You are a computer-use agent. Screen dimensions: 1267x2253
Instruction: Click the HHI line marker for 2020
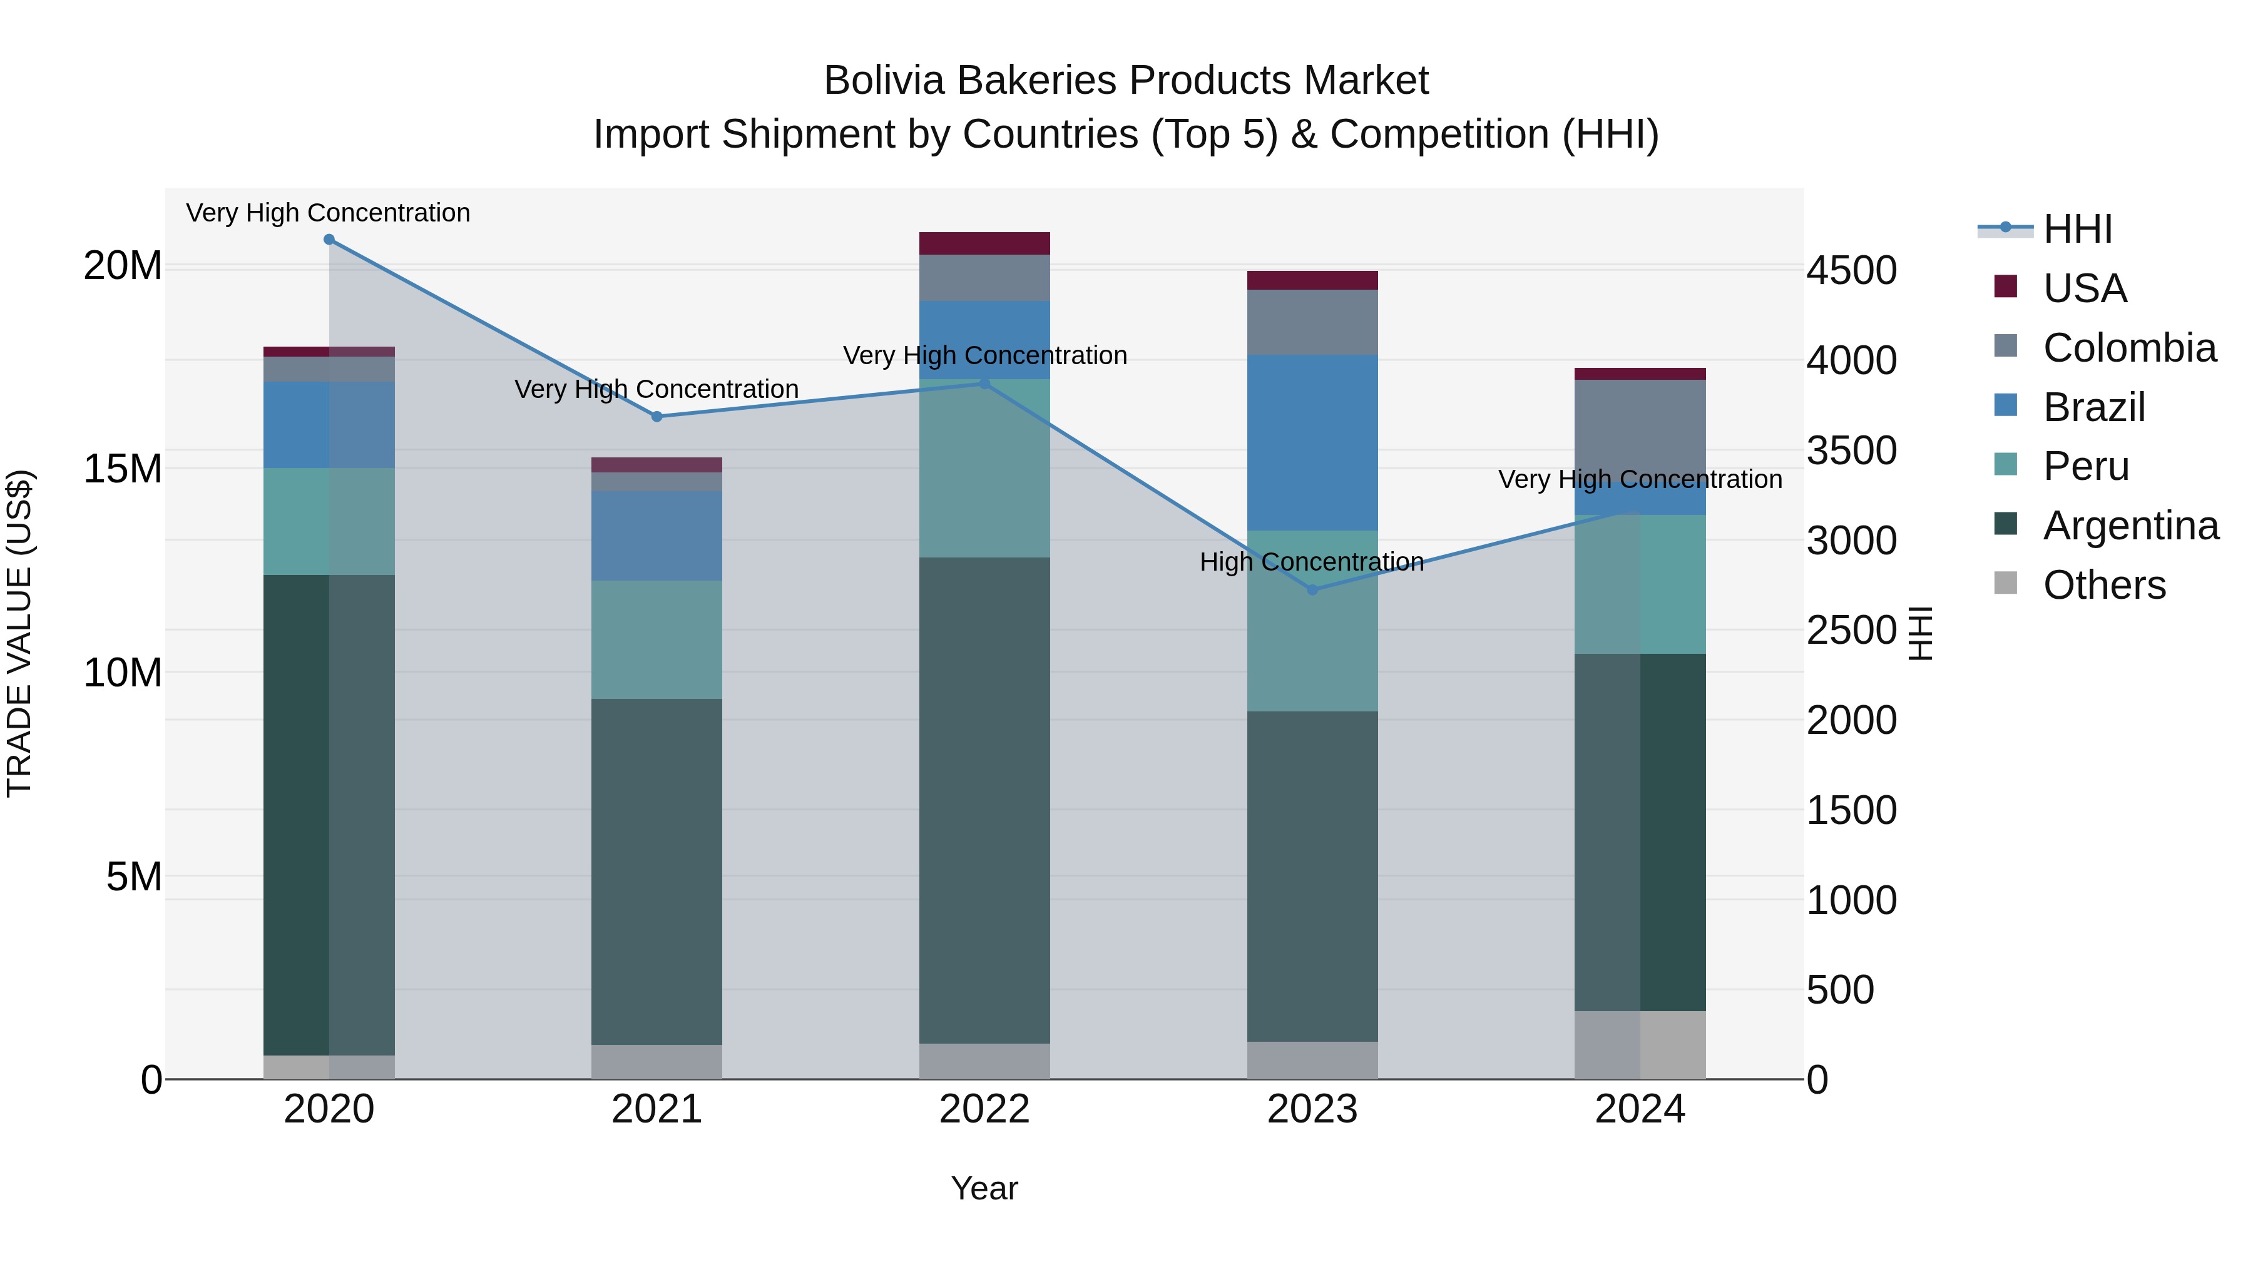(329, 240)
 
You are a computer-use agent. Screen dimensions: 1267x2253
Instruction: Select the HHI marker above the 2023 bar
(1312, 590)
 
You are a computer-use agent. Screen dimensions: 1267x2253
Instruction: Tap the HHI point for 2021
(657, 417)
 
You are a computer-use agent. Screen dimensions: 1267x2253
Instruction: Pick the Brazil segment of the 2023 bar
(1312, 442)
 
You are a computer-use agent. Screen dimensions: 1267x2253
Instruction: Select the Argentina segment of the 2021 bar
(657, 871)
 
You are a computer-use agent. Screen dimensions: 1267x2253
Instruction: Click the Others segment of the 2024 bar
(1640, 1045)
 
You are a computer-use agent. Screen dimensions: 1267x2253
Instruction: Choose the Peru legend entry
(2086, 466)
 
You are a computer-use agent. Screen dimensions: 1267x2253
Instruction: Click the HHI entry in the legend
(2077, 229)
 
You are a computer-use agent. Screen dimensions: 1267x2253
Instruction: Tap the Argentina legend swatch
(2006, 525)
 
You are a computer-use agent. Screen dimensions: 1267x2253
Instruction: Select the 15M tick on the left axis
(123, 469)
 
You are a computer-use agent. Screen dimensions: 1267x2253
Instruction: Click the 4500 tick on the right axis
(1852, 270)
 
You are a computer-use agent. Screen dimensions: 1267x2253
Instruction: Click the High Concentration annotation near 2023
(1311, 562)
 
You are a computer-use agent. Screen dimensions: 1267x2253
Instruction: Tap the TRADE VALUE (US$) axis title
(19, 633)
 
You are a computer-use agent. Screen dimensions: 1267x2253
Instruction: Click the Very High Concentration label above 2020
(328, 213)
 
